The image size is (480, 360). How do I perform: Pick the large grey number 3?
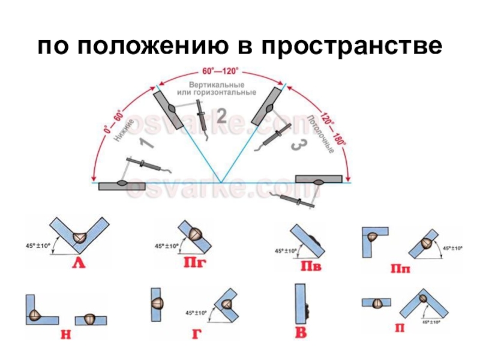coord(295,146)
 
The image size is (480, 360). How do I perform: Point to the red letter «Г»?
coord(196,334)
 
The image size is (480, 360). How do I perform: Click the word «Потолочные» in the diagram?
coord(319,133)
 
